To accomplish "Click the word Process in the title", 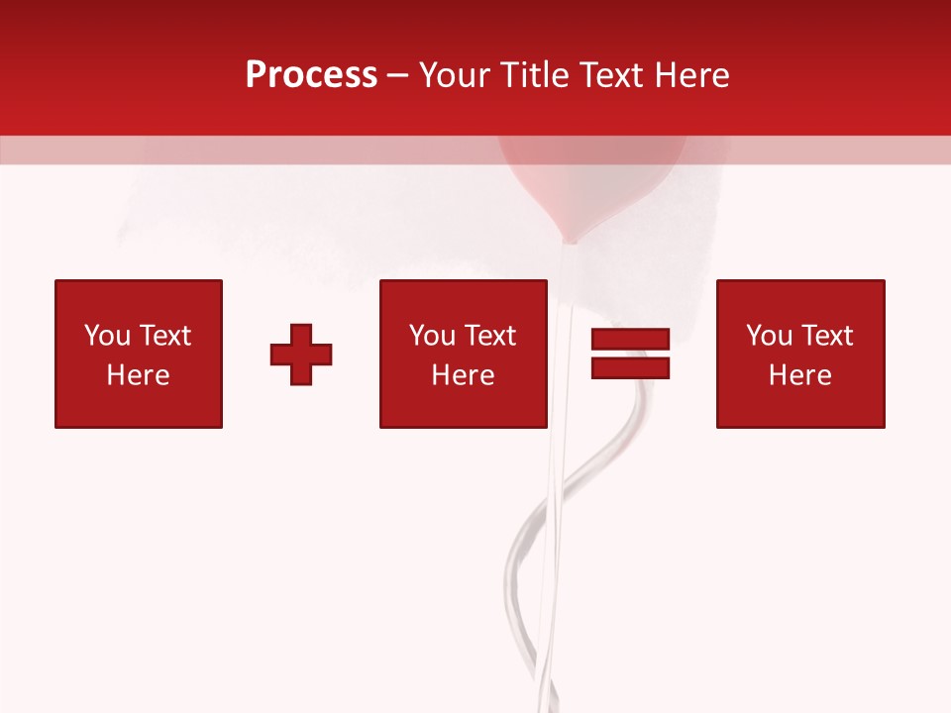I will [311, 75].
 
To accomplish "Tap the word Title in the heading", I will [536, 75].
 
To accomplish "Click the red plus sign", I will [301, 355].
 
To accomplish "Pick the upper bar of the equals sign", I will [630, 340].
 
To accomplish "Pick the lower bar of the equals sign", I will [630, 367].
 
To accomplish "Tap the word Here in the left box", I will [138, 375].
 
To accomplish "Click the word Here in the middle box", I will [463, 375].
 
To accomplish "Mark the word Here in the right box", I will [799, 375].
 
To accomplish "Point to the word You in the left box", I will [106, 336].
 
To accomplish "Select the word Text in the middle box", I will [490, 336].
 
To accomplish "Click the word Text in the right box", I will [827, 336].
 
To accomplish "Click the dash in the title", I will [398, 76].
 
